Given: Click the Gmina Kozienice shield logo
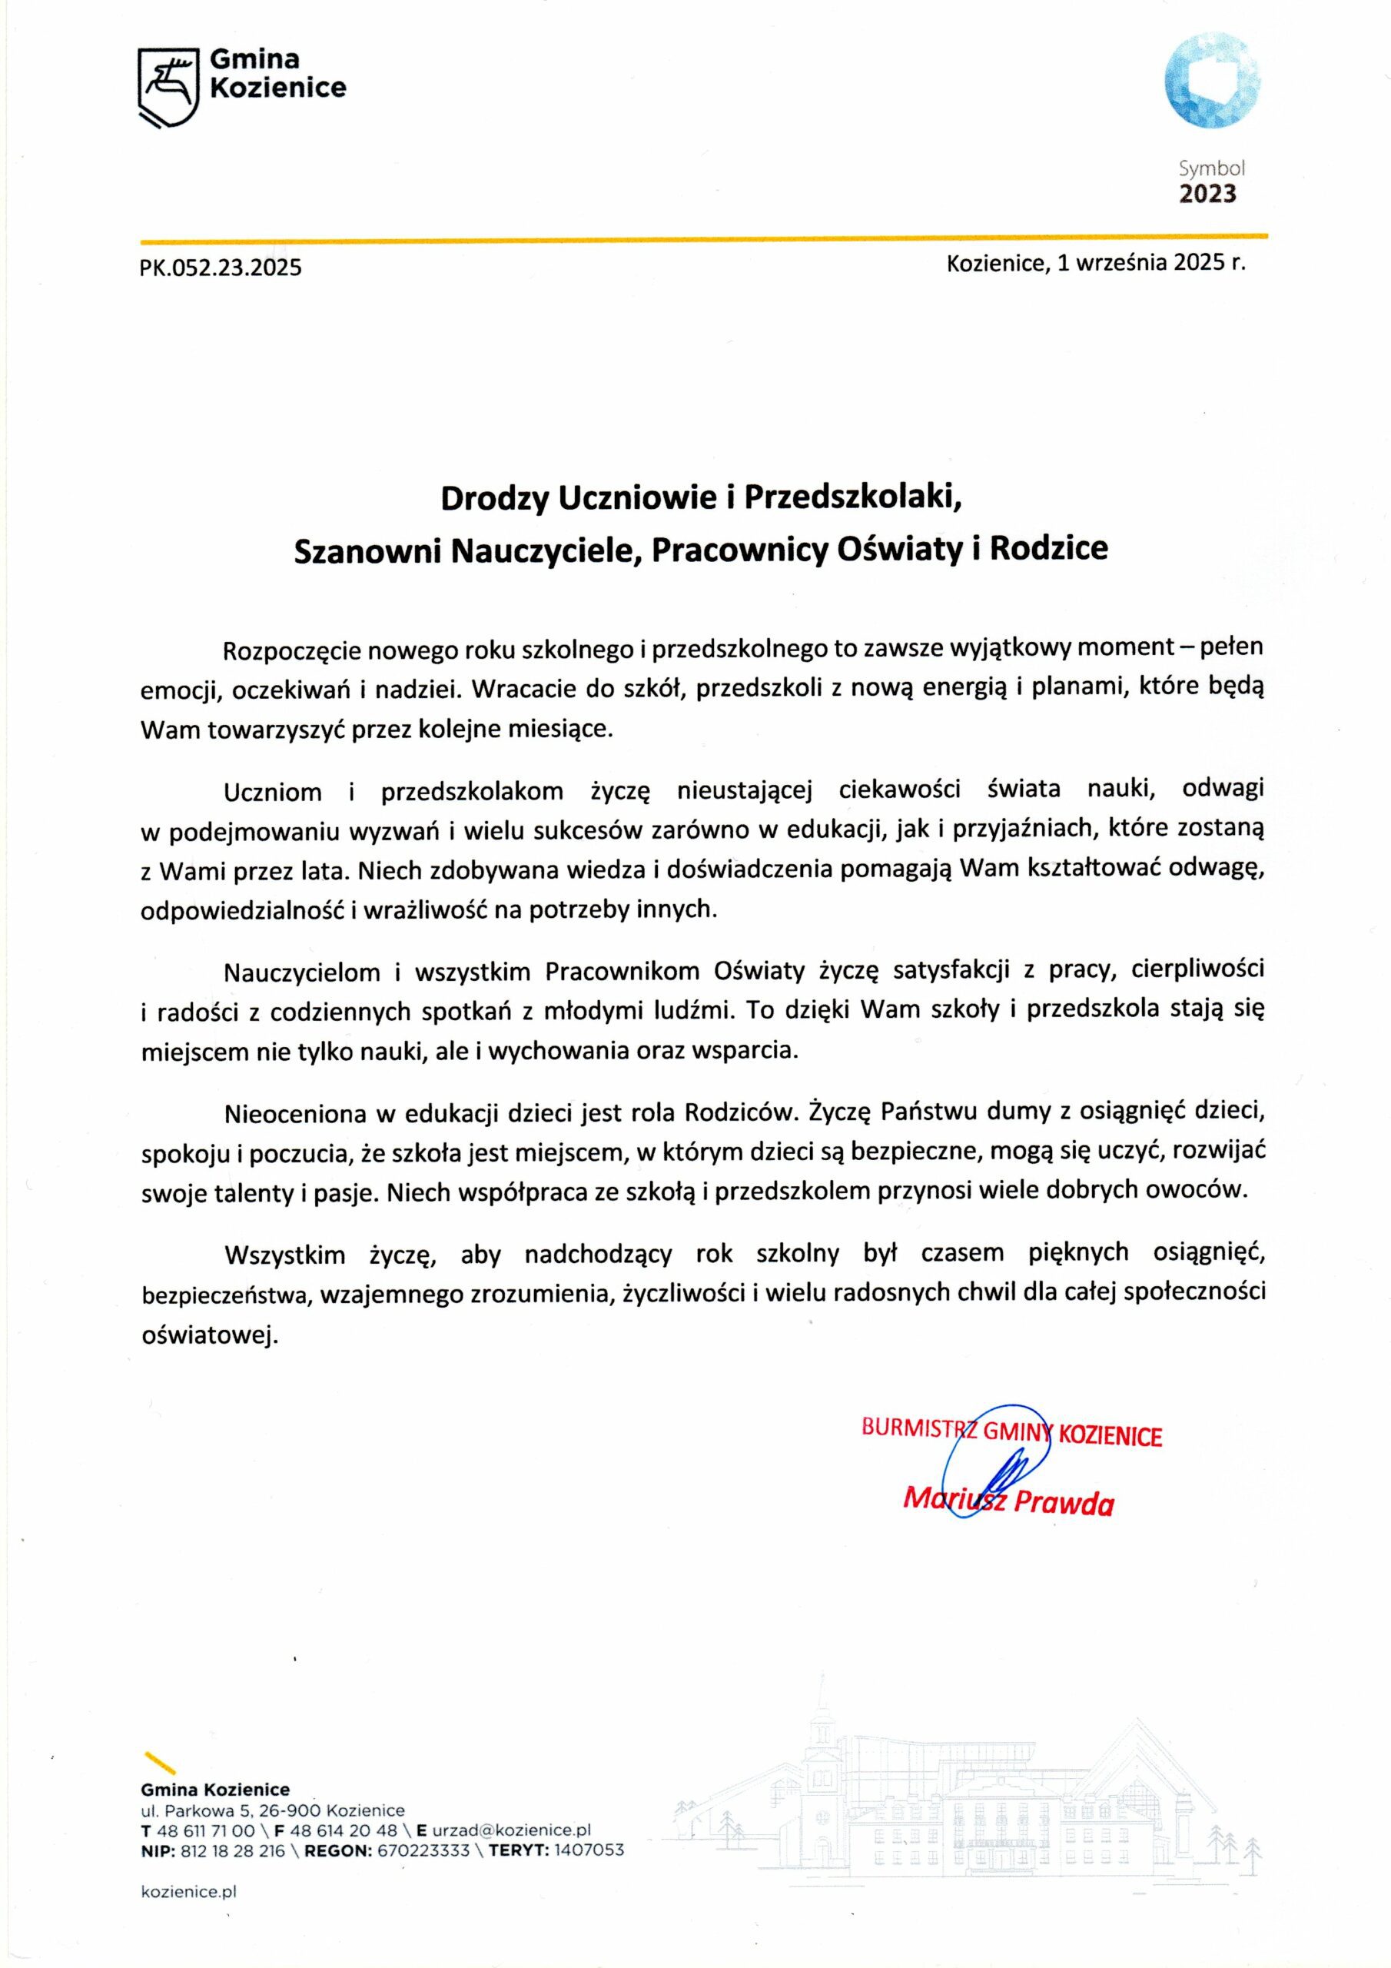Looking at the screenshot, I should (x=169, y=88).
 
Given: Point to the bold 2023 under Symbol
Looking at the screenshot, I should (x=1207, y=194).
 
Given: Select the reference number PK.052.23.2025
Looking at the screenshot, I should (x=221, y=268).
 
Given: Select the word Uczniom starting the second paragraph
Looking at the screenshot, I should (x=273, y=792).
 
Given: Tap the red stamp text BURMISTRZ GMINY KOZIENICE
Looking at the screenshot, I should (x=1011, y=1431).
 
